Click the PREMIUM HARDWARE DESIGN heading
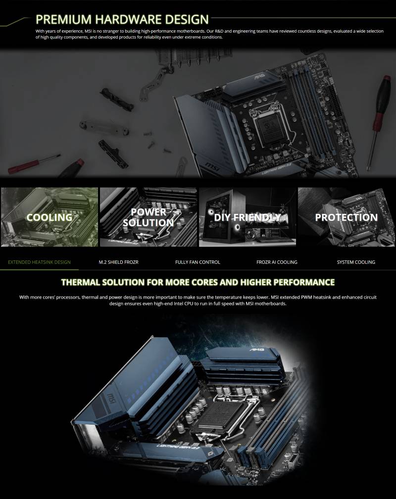pyautogui.click(x=122, y=19)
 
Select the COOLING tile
pyautogui.click(x=49, y=217)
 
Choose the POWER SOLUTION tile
pyautogui.click(x=148, y=217)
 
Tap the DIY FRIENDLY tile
pyautogui.click(x=247, y=217)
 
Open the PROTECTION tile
pyautogui.click(x=346, y=217)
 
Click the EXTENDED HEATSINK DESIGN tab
pyautogui.click(x=39, y=262)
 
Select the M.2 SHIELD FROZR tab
pyautogui.click(x=118, y=262)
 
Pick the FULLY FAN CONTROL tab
pyautogui.click(x=198, y=262)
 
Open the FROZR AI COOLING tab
pyautogui.click(x=277, y=262)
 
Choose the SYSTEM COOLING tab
pyautogui.click(x=356, y=262)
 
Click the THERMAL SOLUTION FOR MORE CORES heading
pyautogui.click(x=198, y=282)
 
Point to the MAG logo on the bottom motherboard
pyautogui.click(x=257, y=349)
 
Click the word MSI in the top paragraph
pyautogui.click(x=88, y=31)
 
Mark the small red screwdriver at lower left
pyautogui.click(x=34, y=164)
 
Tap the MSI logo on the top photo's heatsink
pyautogui.click(x=212, y=166)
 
